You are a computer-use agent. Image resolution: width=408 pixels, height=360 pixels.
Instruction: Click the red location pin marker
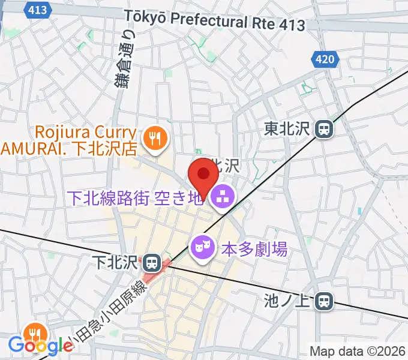(203, 178)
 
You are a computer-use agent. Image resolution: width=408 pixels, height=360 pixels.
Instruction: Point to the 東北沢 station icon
(325, 128)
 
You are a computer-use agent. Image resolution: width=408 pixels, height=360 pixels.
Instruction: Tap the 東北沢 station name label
(288, 128)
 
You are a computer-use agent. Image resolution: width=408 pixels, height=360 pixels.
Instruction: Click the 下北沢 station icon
(152, 262)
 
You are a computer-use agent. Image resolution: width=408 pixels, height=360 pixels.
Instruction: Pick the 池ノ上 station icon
(325, 301)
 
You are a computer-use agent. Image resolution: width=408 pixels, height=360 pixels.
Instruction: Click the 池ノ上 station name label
(289, 301)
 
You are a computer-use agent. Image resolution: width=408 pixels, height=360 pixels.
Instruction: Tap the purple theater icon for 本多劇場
(202, 247)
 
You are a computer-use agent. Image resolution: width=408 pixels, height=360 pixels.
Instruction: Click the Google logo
(40, 346)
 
